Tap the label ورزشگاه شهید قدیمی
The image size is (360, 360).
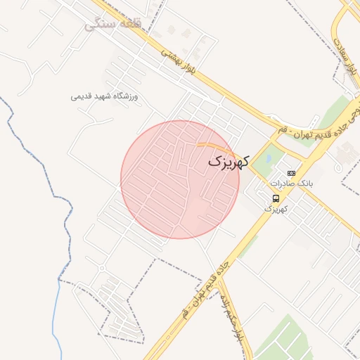point(105,96)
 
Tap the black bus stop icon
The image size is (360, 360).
point(275,198)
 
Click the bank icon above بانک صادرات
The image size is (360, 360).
point(291,173)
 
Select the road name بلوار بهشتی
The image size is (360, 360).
point(176,60)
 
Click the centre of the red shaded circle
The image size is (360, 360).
point(180,179)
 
